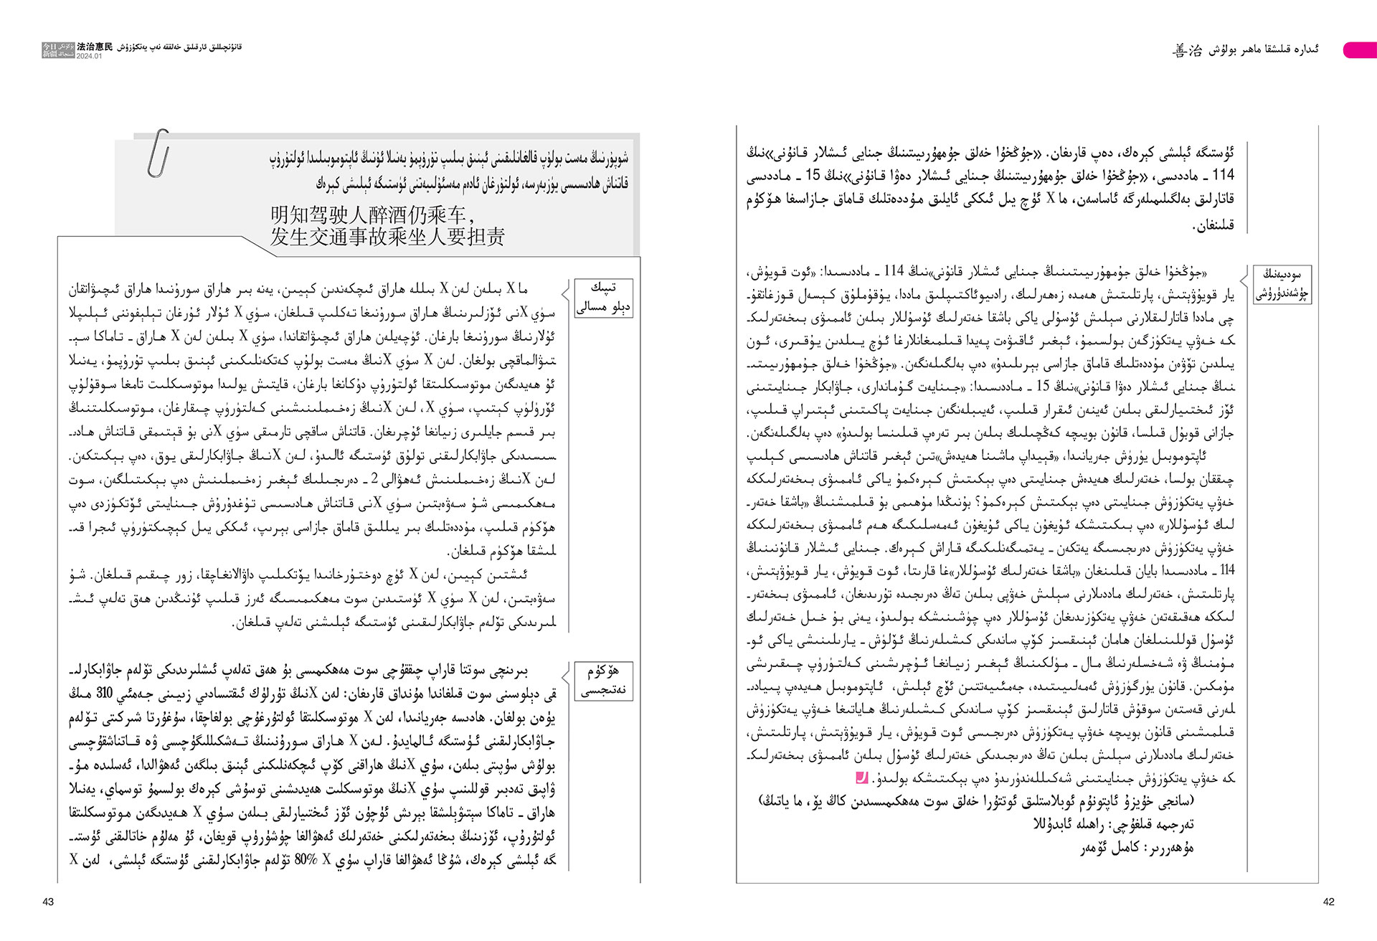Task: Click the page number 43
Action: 48,902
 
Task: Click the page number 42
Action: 1328,902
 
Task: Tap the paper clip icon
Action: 158,153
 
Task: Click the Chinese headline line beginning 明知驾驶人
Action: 372,214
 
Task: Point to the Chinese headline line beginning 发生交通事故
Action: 387,237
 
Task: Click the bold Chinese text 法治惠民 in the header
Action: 95,47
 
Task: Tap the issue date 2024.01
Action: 89,56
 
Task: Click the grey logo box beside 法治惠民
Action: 58,49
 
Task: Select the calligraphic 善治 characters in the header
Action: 1187,50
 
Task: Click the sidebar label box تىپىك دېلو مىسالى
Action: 604,298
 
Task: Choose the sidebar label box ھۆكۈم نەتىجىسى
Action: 604,681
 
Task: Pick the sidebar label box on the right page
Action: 1282,284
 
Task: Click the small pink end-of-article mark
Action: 861,777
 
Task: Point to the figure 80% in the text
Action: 306,860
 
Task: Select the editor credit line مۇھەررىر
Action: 1137,848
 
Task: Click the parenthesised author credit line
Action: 976,801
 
